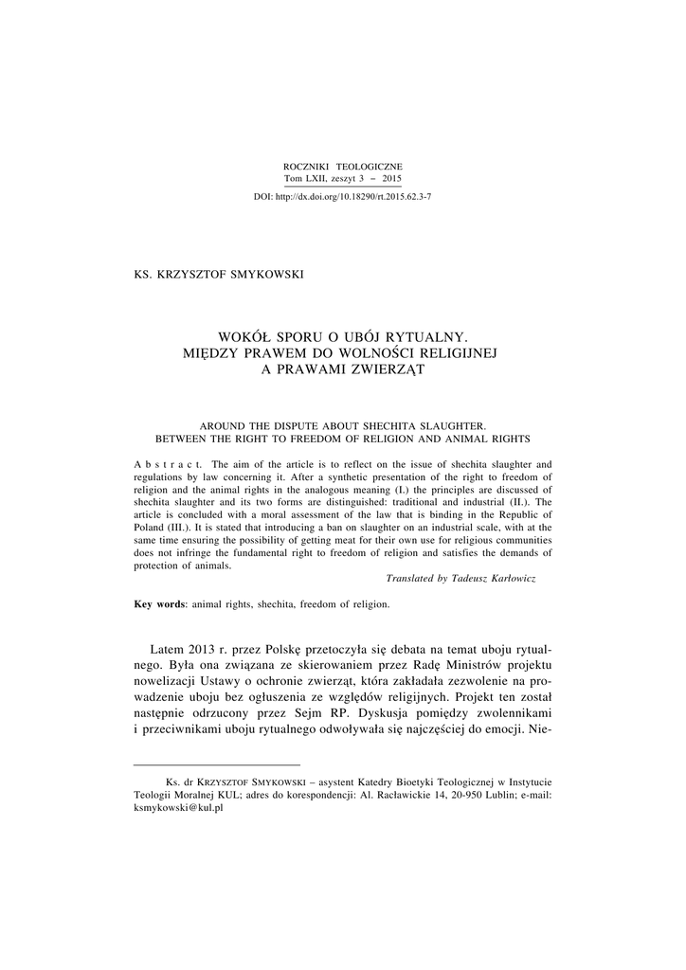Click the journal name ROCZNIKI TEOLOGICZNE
pyautogui.click(x=343, y=167)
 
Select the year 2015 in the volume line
pyautogui.click(x=391, y=178)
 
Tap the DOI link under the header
pyautogui.click(x=343, y=196)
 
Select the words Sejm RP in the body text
pyautogui.click(x=343, y=711)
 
